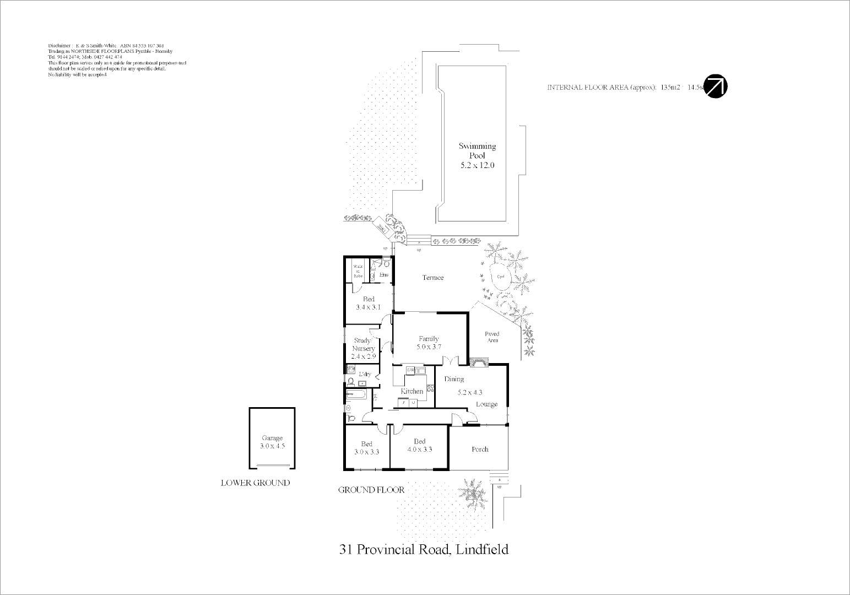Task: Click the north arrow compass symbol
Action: click(716, 86)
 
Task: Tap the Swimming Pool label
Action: click(477, 151)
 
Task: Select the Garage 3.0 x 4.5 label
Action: click(272, 442)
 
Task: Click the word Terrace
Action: click(432, 278)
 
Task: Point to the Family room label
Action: click(429, 339)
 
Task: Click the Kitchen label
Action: click(412, 391)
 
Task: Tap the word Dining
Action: click(454, 379)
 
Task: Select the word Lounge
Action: click(486, 404)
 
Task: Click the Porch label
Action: click(480, 449)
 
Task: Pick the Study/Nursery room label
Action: click(364, 344)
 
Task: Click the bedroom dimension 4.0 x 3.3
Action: click(419, 449)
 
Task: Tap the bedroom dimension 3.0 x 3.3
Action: click(366, 452)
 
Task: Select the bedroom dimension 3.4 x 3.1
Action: click(368, 307)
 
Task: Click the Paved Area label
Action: click(492, 337)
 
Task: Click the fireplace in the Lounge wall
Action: click(479, 362)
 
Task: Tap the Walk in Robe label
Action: click(357, 272)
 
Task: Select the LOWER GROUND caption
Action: click(255, 483)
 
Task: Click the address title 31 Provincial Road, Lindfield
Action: click(424, 549)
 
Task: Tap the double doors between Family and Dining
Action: click(451, 361)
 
